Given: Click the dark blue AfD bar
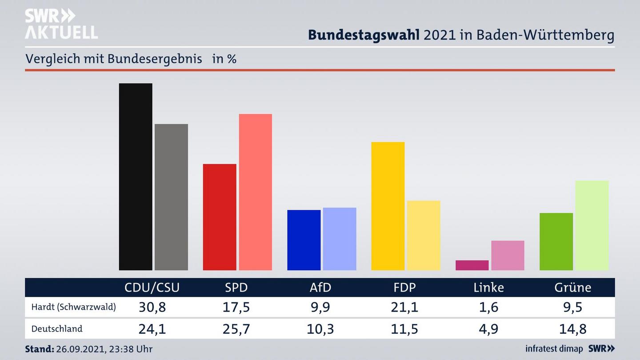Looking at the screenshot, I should tap(304, 240).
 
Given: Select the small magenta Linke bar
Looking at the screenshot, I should tap(472, 265).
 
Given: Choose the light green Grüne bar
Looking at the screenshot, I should tap(592, 225).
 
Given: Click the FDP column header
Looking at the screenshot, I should tap(404, 288).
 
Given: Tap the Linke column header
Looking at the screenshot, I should tap(488, 288).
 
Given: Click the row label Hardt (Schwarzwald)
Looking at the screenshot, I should tap(73, 307).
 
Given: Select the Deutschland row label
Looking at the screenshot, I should tap(57, 329).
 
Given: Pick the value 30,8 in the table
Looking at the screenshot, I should tap(152, 307).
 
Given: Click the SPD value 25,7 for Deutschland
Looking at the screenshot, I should tap(236, 329).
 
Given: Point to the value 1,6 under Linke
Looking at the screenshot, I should tap(488, 307).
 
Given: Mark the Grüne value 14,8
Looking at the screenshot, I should tap(573, 329).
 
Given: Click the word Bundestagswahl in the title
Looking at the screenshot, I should tap(364, 35).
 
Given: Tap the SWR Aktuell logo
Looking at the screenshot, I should tap(61, 24).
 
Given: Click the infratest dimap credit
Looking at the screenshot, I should tap(554, 349).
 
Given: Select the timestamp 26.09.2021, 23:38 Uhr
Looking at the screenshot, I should tap(104, 349).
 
